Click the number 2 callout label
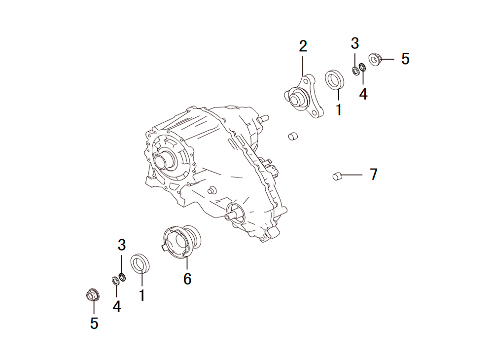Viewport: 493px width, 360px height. (x=303, y=46)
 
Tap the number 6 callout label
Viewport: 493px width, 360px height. (x=187, y=279)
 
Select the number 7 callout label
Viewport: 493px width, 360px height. (x=373, y=174)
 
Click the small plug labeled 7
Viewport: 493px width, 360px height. (x=337, y=176)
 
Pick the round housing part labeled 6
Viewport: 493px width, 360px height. (x=182, y=242)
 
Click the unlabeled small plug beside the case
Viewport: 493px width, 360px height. (x=293, y=136)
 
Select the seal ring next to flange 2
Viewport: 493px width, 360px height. (x=334, y=80)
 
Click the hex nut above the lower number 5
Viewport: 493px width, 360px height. (x=93, y=294)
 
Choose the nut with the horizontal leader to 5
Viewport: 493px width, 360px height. (x=375, y=59)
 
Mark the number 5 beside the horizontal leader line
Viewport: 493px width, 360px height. (x=405, y=59)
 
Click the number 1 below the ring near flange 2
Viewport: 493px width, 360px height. (x=339, y=109)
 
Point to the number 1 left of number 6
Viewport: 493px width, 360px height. (x=142, y=295)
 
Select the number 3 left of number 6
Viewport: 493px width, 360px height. (x=122, y=245)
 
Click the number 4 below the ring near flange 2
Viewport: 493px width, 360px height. (x=363, y=94)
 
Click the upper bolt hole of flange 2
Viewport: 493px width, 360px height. (x=306, y=81)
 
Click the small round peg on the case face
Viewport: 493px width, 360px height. (x=211, y=190)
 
